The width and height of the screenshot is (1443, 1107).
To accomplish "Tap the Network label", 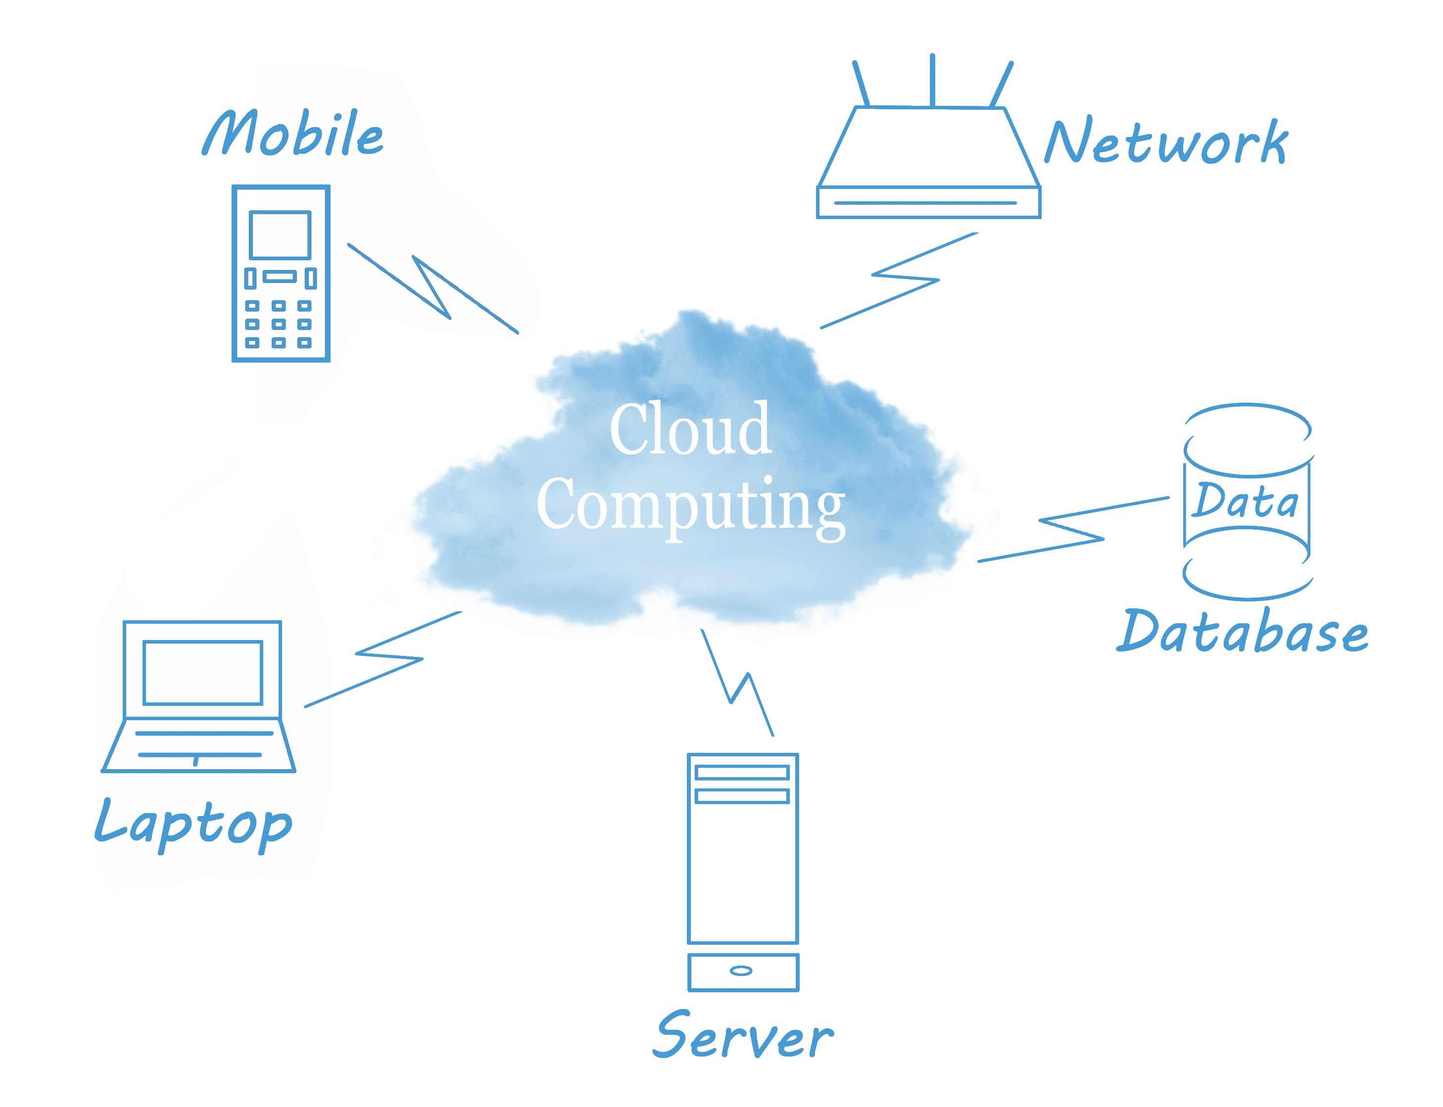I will [1165, 143].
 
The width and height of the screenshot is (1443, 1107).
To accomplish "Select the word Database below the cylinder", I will [1241, 633].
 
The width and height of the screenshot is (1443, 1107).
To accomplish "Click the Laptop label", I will [193, 825].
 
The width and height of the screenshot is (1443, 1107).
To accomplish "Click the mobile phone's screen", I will [280, 234].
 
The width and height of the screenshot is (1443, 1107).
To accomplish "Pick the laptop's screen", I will [203, 673].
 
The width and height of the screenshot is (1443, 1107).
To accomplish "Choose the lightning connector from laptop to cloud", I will [389, 657].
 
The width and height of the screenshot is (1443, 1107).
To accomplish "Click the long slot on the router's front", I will [925, 203].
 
